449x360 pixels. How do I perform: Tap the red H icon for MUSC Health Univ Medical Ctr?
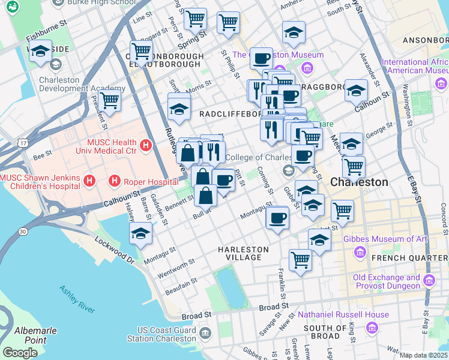(145, 145)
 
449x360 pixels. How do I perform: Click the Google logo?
(20, 353)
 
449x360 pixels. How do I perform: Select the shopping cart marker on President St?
(109, 100)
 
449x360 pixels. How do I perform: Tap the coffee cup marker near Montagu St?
(277, 218)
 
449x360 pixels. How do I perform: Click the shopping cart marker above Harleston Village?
(300, 260)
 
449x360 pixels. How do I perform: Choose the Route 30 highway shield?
(22, 231)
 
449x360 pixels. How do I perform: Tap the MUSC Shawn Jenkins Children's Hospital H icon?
(89, 180)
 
